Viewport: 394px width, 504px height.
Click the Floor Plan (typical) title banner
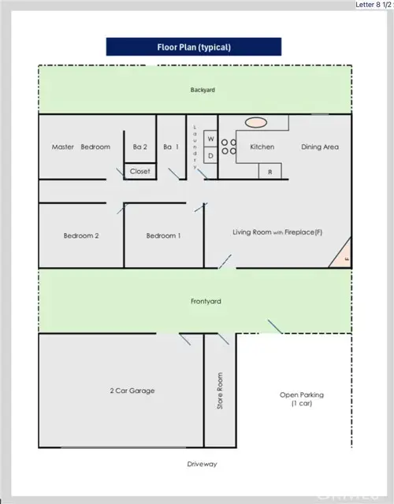[x=193, y=46]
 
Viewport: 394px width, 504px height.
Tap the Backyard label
[x=202, y=90]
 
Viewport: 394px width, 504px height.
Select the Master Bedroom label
[x=80, y=146]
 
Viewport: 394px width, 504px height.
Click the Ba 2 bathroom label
[x=139, y=146]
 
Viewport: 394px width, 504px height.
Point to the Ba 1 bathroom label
[x=170, y=146]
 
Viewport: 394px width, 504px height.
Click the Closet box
[x=139, y=171]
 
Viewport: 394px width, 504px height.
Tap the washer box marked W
[x=210, y=139]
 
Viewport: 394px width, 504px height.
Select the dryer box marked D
[x=210, y=156]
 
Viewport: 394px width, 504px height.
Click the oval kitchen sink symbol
[x=256, y=123]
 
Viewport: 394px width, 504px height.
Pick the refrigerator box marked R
[x=270, y=171]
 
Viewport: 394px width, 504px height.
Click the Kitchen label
[x=262, y=146]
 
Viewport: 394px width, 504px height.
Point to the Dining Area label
[x=320, y=146]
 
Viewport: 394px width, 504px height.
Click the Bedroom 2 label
[x=80, y=235]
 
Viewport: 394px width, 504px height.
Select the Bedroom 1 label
[x=163, y=235]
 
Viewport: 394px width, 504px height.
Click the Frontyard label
[x=204, y=302]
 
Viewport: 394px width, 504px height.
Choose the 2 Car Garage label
[x=131, y=391]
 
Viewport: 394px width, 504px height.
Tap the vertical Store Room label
[x=221, y=391]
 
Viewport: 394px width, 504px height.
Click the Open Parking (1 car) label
[x=302, y=399]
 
